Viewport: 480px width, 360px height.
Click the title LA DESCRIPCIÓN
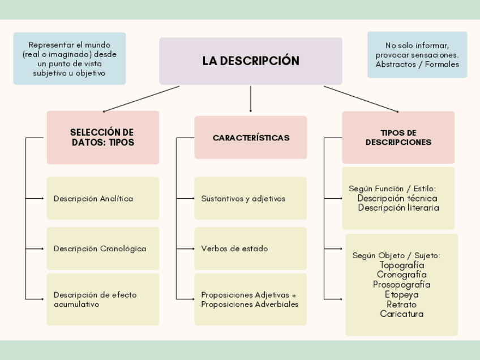[x=251, y=61]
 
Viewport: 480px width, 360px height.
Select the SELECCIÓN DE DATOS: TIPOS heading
[x=102, y=138]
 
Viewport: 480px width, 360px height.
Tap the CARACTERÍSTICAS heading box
[x=251, y=138]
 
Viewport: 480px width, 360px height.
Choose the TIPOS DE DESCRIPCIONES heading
[x=398, y=138]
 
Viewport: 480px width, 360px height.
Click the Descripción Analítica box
[x=102, y=199]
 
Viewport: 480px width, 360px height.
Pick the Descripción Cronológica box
[x=102, y=248]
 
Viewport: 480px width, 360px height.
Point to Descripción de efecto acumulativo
[x=102, y=299]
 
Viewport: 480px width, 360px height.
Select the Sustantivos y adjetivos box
[x=251, y=199]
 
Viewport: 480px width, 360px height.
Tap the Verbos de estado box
[x=251, y=248]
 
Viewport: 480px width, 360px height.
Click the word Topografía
[x=402, y=265]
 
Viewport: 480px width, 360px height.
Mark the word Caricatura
[x=402, y=314]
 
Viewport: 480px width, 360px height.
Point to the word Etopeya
[x=402, y=294]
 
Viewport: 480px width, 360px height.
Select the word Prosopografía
[x=402, y=284]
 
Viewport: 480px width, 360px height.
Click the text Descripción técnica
[x=397, y=198]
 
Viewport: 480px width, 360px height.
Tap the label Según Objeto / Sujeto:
[x=396, y=255]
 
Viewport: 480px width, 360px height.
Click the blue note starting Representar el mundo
[x=70, y=59]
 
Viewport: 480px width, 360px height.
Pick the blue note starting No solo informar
[x=417, y=55]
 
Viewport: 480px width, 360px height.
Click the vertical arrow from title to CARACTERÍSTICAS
[x=251, y=99]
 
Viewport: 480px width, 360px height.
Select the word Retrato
[x=402, y=304]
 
